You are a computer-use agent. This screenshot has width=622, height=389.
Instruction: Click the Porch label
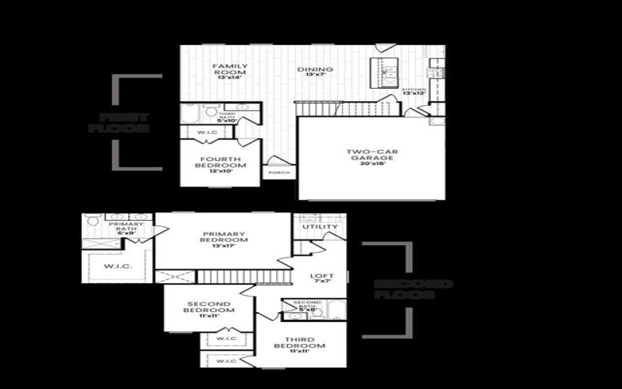[278, 172]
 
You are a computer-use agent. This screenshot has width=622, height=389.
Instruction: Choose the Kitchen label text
[414, 91]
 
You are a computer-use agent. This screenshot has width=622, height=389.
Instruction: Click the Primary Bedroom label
[225, 237]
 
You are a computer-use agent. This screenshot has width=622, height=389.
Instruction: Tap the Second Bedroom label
[208, 307]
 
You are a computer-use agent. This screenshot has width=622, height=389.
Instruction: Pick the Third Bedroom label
[299, 343]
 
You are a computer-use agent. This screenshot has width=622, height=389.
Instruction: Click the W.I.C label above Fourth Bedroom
[208, 132]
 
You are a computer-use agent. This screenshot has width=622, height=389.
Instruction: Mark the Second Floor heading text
[411, 289]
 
